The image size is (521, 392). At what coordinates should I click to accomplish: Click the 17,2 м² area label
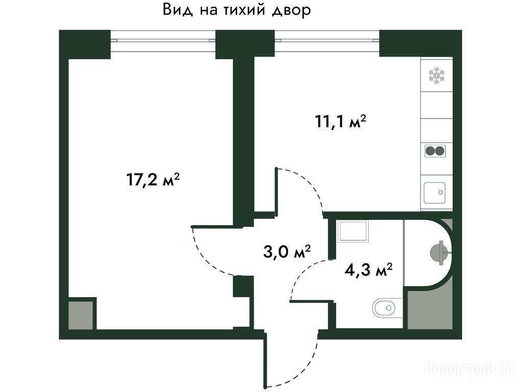(153, 180)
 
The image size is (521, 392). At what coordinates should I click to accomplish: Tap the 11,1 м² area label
(340, 121)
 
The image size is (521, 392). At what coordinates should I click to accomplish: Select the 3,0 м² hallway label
(287, 252)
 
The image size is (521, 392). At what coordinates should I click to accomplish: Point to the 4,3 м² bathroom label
(368, 270)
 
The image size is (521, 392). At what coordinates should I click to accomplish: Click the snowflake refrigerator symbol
(436, 76)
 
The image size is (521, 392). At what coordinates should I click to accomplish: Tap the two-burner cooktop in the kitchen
(435, 151)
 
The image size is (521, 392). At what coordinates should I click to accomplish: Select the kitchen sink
(434, 193)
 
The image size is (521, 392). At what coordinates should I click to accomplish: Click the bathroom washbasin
(353, 231)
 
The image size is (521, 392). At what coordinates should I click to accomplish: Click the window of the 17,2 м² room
(163, 40)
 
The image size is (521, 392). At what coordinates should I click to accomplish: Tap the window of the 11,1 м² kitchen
(327, 40)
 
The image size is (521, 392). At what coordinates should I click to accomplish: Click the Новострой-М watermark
(469, 369)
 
